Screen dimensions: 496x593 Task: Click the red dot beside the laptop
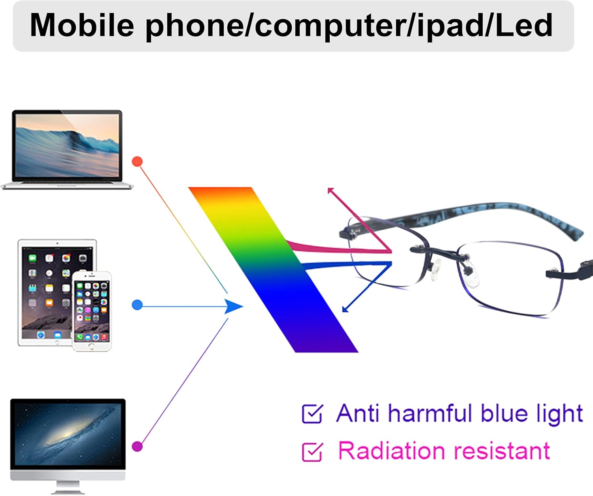pyautogui.click(x=137, y=162)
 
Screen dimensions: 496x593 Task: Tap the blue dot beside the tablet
pyautogui.click(x=137, y=305)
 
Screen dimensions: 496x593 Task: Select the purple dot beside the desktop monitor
pyautogui.click(x=137, y=447)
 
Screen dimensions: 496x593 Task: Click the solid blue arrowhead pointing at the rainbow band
pyautogui.click(x=234, y=306)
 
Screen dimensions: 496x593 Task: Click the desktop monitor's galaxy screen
pyautogui.click(x=68, y=434)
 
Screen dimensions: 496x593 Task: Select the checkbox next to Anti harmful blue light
pyautogui.click(x=312, y=414)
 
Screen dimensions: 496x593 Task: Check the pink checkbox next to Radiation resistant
pyautogui.click(x=312, y=452)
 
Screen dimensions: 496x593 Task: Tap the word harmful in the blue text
pyautogui.click(x=430, y=413)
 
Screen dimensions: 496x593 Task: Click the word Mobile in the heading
pyautogui.click(x=82, y=26)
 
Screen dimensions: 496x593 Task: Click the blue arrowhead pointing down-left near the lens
pyautogui.click(x=345, y=309)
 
